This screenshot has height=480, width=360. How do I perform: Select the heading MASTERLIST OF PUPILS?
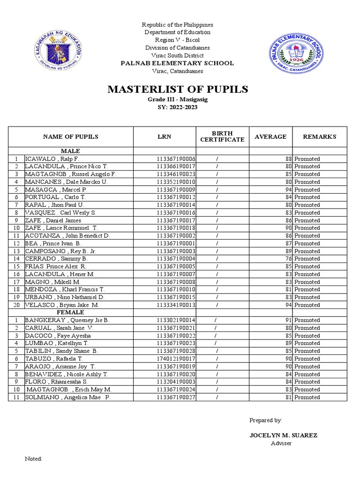pos(178,90)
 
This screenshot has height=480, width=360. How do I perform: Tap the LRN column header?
pos(164,136)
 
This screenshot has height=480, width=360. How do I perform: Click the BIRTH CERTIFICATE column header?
pos(222,136)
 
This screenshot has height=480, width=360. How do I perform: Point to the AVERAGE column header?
pos(270,136)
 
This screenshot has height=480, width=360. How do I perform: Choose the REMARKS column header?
pos(320,136)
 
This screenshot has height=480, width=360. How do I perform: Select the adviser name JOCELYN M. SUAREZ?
pos(283,435)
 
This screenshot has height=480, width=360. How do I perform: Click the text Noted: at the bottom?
pos(33,459)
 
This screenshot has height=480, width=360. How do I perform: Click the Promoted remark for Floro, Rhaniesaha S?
pos(307,382)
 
